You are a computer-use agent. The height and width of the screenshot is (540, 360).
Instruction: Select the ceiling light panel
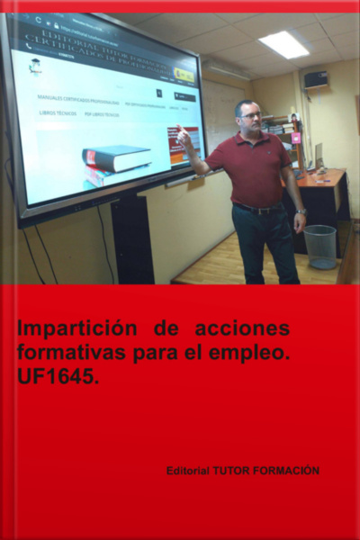pos(284,44)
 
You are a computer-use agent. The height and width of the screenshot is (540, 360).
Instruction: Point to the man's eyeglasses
pos(251,115)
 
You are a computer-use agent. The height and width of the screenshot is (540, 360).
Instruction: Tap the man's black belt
pos(256,210)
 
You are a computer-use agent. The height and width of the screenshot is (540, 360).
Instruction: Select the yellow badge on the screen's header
pos(184,75)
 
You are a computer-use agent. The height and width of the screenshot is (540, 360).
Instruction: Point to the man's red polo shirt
pos(259,166)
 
